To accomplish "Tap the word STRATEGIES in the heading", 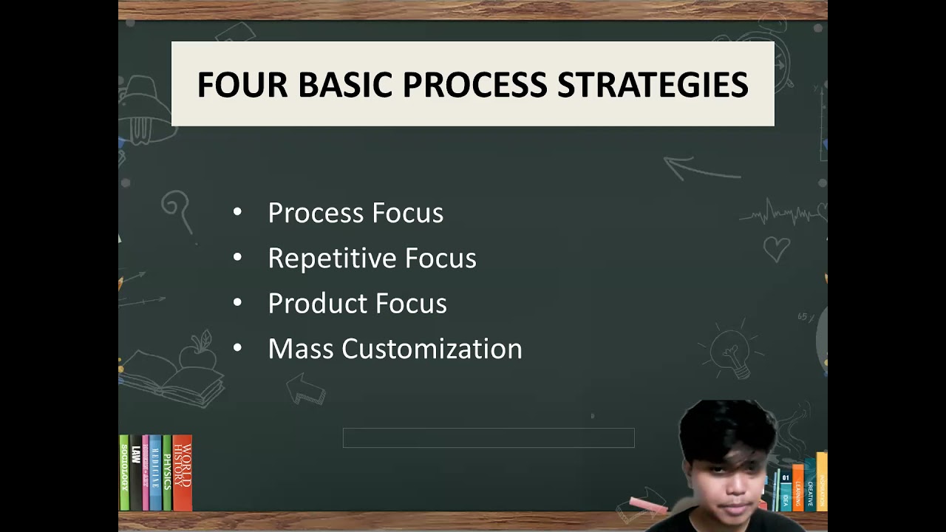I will click(x=653, y=85).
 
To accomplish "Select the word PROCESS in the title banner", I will click(x=474, y=85).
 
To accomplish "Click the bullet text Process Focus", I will click(x=355, y=213).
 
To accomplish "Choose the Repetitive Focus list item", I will click(x=372, y=258).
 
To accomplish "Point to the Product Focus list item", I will click(x=357, y=304).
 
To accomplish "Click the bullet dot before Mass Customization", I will click(x=237, y=348).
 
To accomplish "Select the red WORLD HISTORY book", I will click(x=182, y=473).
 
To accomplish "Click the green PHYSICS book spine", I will click(x=167, y=473).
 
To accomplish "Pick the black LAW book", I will click(x=135, y=473).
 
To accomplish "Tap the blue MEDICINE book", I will click(x=155, y=473).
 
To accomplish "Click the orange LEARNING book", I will click(x=798, y=488).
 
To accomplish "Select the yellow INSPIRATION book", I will click(x=822, y=480).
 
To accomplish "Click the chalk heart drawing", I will click(x=776, y=248).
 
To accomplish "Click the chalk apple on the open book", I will click(x=197, y=356).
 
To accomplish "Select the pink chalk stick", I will click(x=649, y=505).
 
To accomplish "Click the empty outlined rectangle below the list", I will click(x=489, y=438).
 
